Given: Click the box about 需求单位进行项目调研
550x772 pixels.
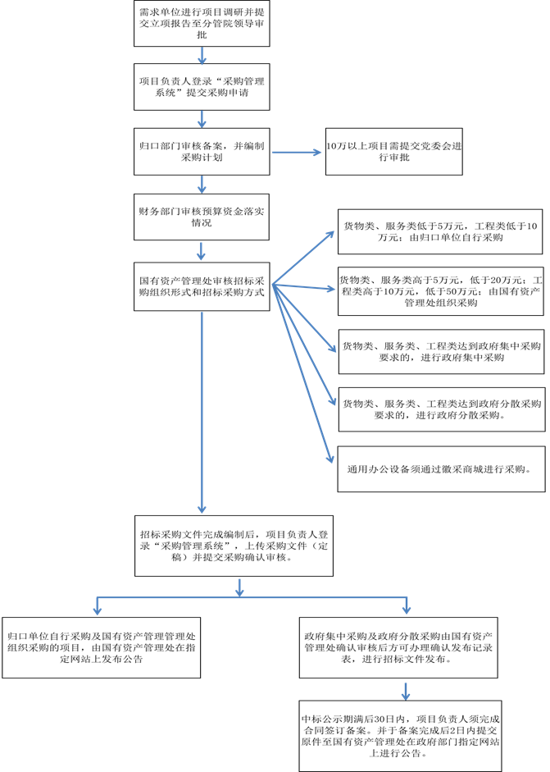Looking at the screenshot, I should [x=202, y=24].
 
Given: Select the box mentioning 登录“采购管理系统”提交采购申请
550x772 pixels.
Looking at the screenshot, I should [x=202, y=87].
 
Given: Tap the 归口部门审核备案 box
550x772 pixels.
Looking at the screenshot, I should [x=202, y=151].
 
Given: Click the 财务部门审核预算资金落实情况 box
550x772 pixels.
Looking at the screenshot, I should [x=202, y=216].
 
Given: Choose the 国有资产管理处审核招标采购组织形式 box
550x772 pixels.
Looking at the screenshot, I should [x=202, y=286].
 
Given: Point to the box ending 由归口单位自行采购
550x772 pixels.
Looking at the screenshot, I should [x=441, y=231].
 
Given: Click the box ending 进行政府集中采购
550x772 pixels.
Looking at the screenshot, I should [x=441, y=351].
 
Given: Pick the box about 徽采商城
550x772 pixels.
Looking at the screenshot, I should [x=441, y=468].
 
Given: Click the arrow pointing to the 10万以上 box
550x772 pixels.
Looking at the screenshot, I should [x=297, y=152].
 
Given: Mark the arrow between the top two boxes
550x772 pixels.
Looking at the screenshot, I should [x=202, y=54].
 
